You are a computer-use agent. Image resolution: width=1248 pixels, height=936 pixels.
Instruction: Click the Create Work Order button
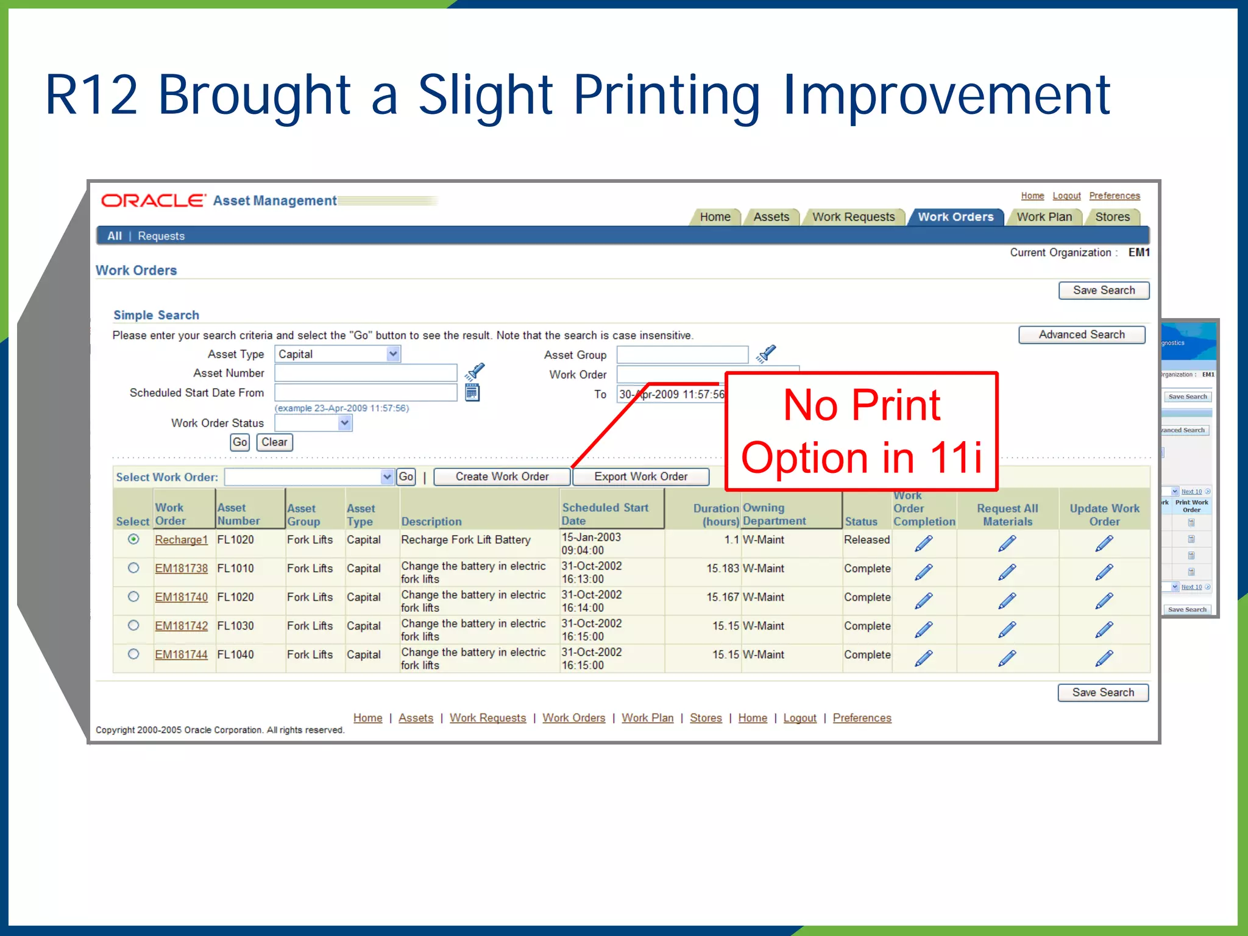[x=502, y=477]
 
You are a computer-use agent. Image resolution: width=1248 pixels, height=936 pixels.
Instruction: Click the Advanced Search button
[x=1081, y=335]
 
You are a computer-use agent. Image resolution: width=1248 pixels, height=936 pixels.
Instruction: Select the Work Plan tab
[x=1044, y=217]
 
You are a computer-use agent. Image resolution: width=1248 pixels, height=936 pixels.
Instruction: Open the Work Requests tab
[x=853, y=217]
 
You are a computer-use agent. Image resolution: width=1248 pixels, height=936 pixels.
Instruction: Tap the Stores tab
[x=1112, y=217]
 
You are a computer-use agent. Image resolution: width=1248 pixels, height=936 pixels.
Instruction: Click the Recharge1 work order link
[x=181, y=540]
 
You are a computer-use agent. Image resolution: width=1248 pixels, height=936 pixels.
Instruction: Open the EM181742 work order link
[x=181, y=626]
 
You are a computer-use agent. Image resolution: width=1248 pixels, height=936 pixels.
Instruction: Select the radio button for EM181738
[x=133, y=568]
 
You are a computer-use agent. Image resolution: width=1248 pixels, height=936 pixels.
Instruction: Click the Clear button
[x=274, y=442]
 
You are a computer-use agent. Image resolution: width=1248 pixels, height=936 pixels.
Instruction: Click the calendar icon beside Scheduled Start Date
[x=472, y=393]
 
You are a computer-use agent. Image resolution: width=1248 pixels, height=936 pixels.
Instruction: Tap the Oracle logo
[x=153, y=200]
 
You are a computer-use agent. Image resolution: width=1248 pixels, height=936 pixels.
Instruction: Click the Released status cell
[x=867, y=540]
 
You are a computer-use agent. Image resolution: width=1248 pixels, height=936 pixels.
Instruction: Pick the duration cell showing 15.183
[x=722, y=569]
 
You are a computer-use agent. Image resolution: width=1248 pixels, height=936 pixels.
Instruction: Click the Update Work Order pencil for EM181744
[x=1104, y=658]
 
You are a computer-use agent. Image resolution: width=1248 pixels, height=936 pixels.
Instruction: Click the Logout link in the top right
[x=1066, y=196]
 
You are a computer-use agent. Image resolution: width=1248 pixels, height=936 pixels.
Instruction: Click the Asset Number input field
[x=366, y=373]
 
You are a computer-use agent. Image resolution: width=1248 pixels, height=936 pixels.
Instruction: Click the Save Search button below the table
[x=1103, y=693]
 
